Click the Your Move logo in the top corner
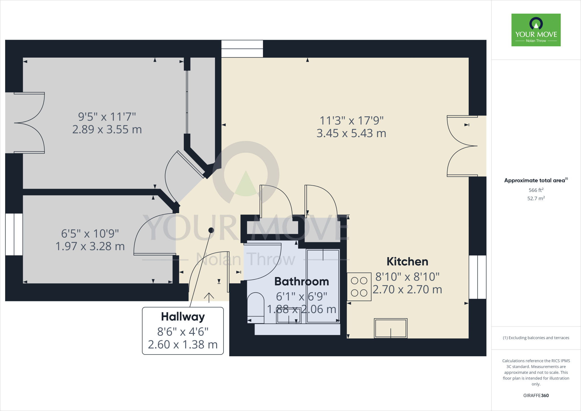[536, 30]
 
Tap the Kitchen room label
[407, 262]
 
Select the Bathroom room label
[302, 282]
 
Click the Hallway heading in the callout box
[183, 317]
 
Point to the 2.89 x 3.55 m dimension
[107, 130]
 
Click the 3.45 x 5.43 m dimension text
[351, 133]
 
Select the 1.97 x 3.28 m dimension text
[90, 246]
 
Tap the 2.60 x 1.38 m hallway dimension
[183, 345]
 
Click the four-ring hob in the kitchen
[359, 287]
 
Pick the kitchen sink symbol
[391, 328]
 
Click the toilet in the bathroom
[256, 308]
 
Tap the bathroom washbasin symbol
[289, 316]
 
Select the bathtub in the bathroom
[323, 286]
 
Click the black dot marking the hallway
[211, 230]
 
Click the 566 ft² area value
[536, 190]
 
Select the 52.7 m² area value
[536, 198]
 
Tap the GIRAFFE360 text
[536, 395]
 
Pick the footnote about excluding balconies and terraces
[536, 338]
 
